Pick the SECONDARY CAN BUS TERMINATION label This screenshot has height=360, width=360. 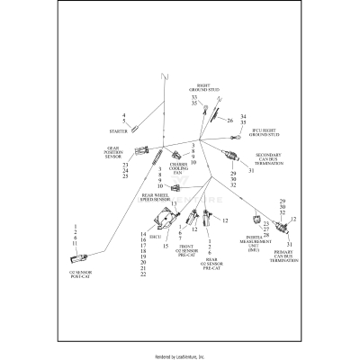point(281,158)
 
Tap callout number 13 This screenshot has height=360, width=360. point(174,204)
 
